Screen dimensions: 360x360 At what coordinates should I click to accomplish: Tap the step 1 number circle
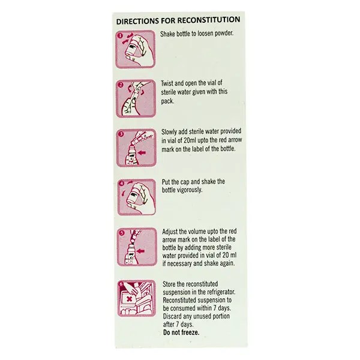(121, 35)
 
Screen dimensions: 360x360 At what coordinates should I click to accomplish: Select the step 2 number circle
(121, 85)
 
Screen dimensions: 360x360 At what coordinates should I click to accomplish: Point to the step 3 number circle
(121, 134)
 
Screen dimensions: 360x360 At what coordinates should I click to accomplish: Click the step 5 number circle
(122, 233)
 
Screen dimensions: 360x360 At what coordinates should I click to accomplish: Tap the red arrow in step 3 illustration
(142, 152)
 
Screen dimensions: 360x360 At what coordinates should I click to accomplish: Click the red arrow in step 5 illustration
(140, 251)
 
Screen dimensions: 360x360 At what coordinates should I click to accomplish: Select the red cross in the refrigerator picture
(130, 299)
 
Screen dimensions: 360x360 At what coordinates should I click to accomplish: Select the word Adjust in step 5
(170, 232)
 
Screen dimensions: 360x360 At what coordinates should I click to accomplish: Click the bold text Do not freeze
(181, 332)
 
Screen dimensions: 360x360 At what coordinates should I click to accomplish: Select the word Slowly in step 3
(169, 132)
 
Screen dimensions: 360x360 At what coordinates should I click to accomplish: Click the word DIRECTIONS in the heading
(137, 22)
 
